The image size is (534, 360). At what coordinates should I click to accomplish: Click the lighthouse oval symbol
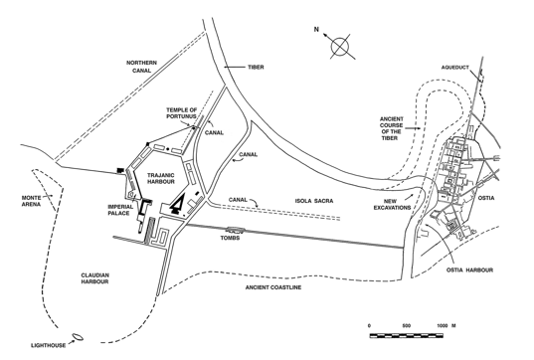[x=78, y=337]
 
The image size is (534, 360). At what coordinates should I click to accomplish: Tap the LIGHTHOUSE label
[x=49, y=345]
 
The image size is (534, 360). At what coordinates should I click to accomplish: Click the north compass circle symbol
[x=339, y=47]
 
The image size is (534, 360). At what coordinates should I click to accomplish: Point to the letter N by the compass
[x=316, y=30]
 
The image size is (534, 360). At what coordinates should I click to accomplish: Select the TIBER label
[x=256, y=67]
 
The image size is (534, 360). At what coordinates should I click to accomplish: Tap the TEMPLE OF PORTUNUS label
[x=182, y=113]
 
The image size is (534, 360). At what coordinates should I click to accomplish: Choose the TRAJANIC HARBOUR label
[x=161, y=178]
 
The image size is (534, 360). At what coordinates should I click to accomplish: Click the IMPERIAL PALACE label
[x=120, y=210]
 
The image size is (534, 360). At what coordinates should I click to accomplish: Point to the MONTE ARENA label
[x=32, y=201]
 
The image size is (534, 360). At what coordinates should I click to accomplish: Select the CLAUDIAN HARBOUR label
[x=95, y=278]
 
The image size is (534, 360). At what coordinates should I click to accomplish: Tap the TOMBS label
[x=230, y=238]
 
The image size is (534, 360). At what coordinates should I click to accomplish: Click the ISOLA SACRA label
[x=314, y=201]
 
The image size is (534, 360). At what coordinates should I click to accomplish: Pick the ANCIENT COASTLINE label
[x=273, y=287]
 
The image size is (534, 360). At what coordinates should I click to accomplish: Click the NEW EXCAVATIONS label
[x=392, y=204]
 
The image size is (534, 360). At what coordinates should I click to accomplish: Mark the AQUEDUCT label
[x=455, y=68]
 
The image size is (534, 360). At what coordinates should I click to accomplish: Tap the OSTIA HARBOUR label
[x=469, y=270]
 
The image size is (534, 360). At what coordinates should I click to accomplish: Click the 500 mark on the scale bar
[x=407, y=326]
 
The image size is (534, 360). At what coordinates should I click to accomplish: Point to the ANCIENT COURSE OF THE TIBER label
[x=392, y=128]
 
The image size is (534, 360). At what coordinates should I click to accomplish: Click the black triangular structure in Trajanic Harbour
[x=177, y=203]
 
